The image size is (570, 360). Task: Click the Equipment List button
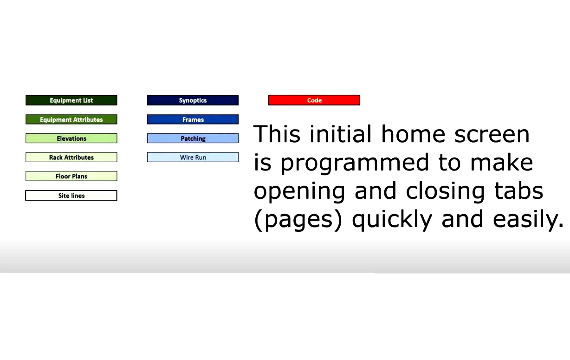tap(71, 100)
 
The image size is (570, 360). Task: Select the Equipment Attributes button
tap(71, 119)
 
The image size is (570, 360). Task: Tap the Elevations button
tap(71, 138)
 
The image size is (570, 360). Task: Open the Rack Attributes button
tap(71, 157)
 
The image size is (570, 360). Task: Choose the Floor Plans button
tap(71, 176)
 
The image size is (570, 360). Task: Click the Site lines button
tap(71, 196)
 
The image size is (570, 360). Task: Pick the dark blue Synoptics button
tap(193, 100)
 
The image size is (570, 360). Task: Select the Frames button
tap(193, 119)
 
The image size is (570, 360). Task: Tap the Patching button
tap(193, 138)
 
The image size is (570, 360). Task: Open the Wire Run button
tap(193, 157)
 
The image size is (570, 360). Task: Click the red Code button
tap(314, 100)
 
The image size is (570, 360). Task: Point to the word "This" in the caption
tap(277, 134)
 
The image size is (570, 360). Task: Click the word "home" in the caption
tap(413, 134)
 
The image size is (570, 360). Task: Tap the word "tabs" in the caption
tap(518, 190)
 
